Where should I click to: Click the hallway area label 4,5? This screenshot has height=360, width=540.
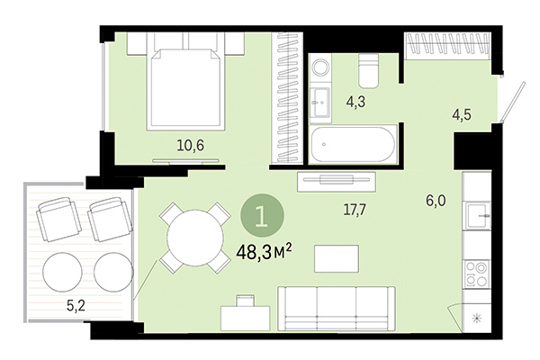pyautogui.click(x=463, y=114)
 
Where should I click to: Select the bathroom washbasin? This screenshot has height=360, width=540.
pyautogui.click(x=319, y=101)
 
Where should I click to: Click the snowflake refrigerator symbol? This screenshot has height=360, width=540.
pyautogui.click(x=477, y=318)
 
